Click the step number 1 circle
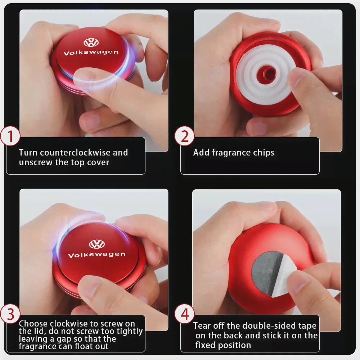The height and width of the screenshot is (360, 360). [10, 136]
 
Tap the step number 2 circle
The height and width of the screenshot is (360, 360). [184, 136]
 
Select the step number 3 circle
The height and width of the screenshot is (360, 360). [10, 314]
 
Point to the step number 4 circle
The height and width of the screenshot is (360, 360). [184, 314]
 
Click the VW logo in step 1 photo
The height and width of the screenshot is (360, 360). [91, 42]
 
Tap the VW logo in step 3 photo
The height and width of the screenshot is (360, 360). [97, 244]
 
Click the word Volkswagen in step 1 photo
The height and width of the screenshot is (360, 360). [91, 53]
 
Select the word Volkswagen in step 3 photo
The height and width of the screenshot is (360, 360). [97, 255]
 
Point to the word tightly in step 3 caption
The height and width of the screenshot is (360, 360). [130, 331]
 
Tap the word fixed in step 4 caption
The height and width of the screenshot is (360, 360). [204, 345]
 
